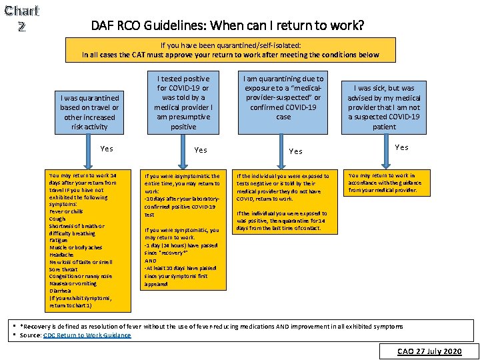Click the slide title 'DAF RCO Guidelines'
pyautogui.click(x=227, y=26)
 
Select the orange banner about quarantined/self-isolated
pyautogui.click(x=230, y=50)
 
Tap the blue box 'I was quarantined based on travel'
pyautogui.click(x=89, y=113)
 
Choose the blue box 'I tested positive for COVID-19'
pyautogui.click(x=183, y=102)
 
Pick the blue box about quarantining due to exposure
pyautogui.click(x=283, y=98)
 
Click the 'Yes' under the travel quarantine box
pyautogui.click(x=106, y=149)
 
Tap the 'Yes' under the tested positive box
pyautogui.click(x=200, y=150)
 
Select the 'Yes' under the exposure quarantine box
pyautogui.click(x=295, y=151)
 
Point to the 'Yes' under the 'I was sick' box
pyautogui.click(x=401, y=147)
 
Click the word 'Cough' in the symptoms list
pyautogui.click(x=57, y=219)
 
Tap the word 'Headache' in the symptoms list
pyautogui.click(x=62, y=254)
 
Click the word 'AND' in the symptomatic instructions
pyautogui.click(x=151, y=261)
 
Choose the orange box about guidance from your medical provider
pyautogui.click(x=385, y=183)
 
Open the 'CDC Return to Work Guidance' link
pyautogui.click(x=87, y=335)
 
